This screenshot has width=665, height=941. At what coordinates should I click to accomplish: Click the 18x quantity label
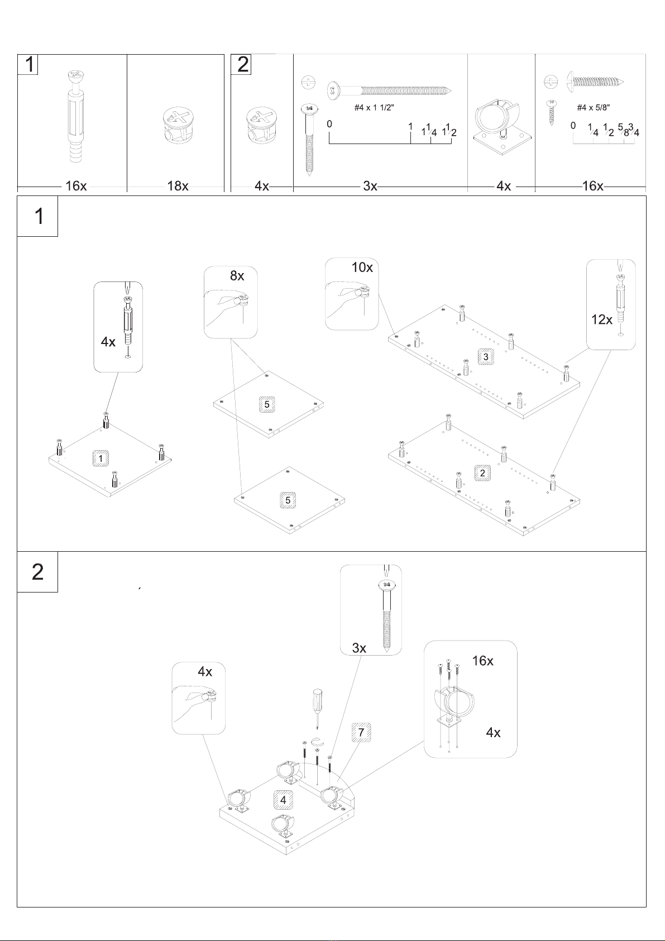tap(178, 185)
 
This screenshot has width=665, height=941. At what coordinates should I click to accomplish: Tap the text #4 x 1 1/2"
tap(374, 108)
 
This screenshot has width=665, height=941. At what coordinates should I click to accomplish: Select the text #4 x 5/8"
tap(593, 108)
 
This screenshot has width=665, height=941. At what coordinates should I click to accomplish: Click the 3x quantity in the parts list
tap(370, 185)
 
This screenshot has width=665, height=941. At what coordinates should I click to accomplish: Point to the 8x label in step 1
tap(237, 275)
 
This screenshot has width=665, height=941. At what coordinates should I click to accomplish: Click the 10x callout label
tap(362, 267)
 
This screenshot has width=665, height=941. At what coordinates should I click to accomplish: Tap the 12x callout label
tap(601, 319)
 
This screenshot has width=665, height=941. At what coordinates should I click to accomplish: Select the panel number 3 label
tap(486, 357)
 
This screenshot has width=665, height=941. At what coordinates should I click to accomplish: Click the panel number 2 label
tap(482, 473)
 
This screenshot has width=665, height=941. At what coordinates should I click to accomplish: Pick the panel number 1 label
tap(101, 458)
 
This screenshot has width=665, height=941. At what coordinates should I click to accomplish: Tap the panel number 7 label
tap(361, 732)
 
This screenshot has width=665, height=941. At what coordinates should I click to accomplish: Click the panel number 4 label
tap(283, 800)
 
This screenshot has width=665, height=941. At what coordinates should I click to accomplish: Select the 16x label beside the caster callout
tap(482, 661)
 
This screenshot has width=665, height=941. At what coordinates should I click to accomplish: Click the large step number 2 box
tap(37, 572)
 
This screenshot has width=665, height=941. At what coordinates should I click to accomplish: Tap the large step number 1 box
tap(37, 216)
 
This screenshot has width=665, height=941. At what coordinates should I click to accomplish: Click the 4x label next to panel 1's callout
tap(108, 342)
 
